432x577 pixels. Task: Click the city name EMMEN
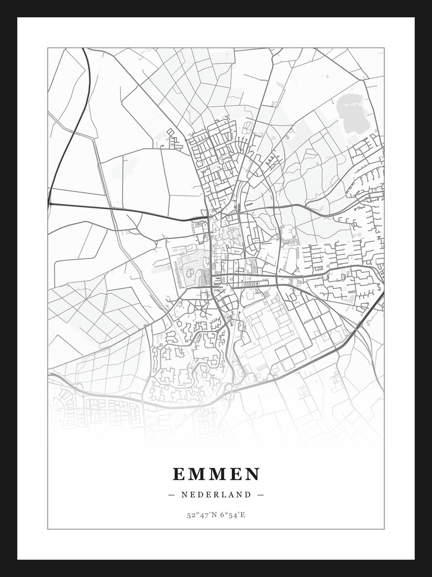click(216, 474)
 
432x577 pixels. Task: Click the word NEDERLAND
click(216, 494)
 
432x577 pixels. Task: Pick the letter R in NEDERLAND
click(215, 494)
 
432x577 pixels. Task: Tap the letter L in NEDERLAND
click(224, 494)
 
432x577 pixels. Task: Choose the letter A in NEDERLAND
click(231, 494)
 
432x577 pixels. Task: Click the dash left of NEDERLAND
click(172, 494)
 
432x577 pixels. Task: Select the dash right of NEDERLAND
click(260, 494)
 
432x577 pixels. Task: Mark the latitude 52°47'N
click(202, 515)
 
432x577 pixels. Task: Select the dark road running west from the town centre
click(135, 211)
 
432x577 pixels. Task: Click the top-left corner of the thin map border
click(48, 48)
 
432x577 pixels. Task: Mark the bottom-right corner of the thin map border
click(384, 529)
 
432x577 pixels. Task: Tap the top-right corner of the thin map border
click(384, 48)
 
